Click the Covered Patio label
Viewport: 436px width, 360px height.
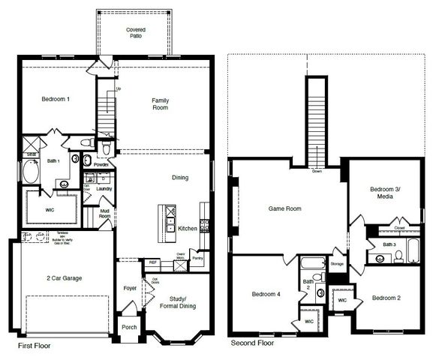(136, 33)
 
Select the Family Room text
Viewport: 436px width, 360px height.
(160, 103)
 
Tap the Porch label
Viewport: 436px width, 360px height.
(128, 328)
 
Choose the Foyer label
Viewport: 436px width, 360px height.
(129, 288)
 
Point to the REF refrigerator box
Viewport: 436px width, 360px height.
(152, 262)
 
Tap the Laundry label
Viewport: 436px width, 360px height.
(104, 189)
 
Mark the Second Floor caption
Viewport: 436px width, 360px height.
(251, 343)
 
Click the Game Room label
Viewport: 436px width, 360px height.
(284, 209)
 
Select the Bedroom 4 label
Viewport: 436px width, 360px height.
(266, 295)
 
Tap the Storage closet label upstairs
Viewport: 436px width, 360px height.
(337, 264)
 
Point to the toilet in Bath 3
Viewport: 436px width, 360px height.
(398, 257)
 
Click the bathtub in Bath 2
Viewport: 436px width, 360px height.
(312, 264)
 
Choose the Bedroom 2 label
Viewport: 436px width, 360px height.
(386, 298)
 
